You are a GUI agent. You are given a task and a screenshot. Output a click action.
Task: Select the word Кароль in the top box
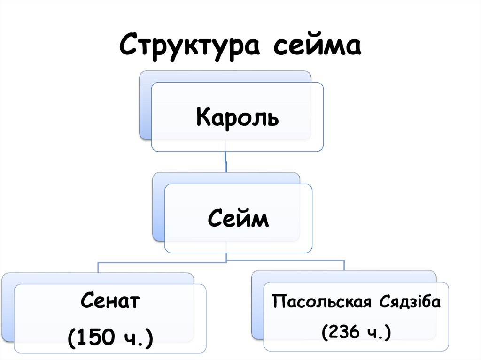pos(237,117)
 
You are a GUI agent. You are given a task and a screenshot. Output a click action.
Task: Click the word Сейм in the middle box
pos(238,219)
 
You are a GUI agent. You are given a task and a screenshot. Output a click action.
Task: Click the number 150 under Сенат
pos(97,337)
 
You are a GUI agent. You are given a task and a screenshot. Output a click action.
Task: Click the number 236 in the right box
pos(346,332)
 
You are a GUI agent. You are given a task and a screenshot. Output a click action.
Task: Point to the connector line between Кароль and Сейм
pos(226,162)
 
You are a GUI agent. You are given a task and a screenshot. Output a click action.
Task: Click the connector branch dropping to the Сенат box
pos(98,267)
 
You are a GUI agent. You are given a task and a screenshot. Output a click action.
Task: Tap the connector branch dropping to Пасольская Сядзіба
pos(344,266)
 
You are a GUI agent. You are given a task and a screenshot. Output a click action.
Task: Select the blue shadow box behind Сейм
pos(159,211)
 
